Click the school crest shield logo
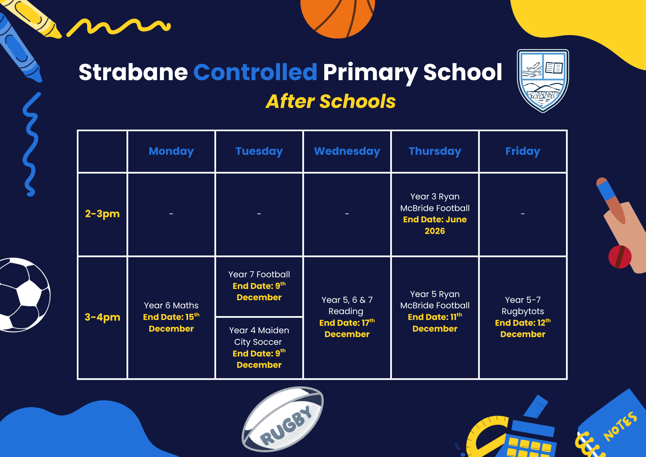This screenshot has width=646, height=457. [x=543, y=80]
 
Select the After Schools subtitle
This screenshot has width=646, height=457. [x=330, y=101]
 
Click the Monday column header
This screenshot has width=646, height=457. [x=171, y=151]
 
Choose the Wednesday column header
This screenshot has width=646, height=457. [x=347, y=151]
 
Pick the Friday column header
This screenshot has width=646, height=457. [x=523, y=151]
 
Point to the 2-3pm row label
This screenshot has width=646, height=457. [x=102, y=214]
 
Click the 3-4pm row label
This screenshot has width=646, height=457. [x=102, y=317]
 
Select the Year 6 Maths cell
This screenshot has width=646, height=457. [x=171, y=317]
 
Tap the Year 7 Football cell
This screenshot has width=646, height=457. [x=259, y=286]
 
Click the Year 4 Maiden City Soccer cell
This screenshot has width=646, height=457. [x=259, y=348]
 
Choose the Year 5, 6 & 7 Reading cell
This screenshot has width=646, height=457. [x=347, y=317]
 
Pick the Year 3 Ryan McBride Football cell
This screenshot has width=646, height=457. [x=435, y=214]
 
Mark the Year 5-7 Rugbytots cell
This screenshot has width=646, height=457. [x=523, y=317]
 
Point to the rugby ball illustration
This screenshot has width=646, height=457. [x=283, y=419]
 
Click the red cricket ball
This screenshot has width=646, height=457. [x=620, y=257]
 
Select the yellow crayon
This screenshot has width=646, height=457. [x=31, y=18]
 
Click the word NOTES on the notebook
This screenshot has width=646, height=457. [x=620, y=426]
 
